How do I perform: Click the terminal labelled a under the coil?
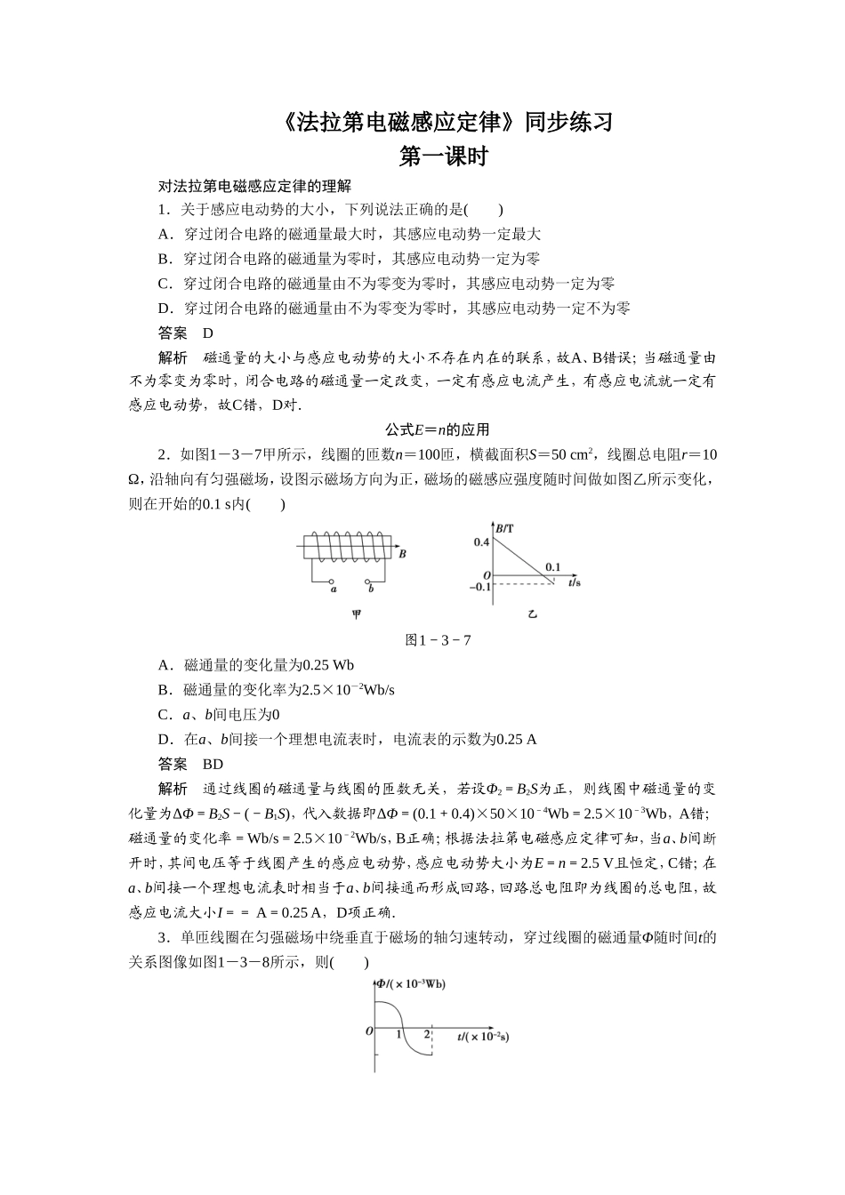coord(332,589)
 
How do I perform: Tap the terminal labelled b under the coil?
coord(370,589)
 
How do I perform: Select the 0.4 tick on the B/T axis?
coord(481,542)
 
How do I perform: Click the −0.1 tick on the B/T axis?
coord(479,587)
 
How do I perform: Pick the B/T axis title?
coord(504,529)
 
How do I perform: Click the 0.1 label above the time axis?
coord(552,566)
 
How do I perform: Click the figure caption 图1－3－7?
coord(438,640)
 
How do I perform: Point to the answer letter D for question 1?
coord(208,333)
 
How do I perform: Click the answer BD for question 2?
coord(213,764)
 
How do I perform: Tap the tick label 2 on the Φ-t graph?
coord(427,1035)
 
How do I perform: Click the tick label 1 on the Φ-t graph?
coord(399,1035)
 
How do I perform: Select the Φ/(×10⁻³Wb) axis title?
coord(411,984)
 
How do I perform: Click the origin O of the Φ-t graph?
coord(368,1031)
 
